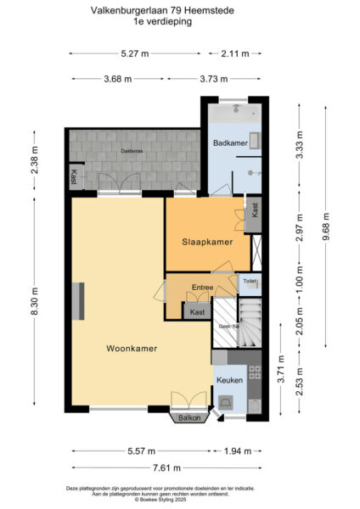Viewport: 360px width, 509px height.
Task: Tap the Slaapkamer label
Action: (x=207, y=242)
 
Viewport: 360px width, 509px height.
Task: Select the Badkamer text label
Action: (x=230, y=143)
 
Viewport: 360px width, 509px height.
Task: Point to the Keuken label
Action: (x=229, y=380)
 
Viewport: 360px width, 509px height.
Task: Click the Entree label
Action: (x=202, y=288)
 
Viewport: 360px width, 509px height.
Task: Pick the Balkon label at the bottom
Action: (x=189, y=418)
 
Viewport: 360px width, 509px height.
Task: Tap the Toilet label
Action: (x=250, y=281)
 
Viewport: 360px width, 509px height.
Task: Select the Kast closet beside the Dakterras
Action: (x=75, y=177)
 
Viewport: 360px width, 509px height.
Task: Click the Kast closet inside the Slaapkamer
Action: (x=252, y=209)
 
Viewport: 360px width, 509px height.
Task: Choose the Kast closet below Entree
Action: (x=197, y=311)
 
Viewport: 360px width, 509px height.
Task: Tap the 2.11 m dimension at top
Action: (x=235, y=53)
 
